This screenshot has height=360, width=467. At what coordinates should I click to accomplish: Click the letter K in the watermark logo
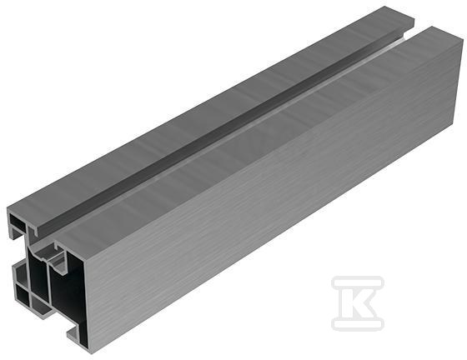(x=359, y=303)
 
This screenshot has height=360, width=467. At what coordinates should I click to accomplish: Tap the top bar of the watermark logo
(x=358, y=282)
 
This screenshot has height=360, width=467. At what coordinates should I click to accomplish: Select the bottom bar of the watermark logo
(x=358, y=324)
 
